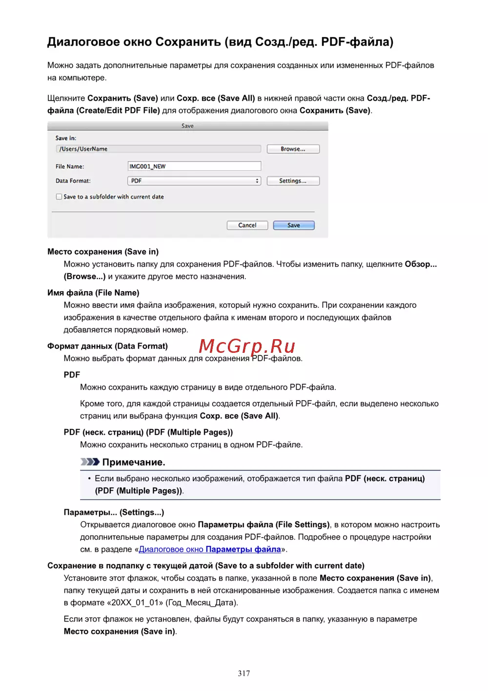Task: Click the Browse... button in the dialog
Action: point(293,149)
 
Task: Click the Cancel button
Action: point(247,225)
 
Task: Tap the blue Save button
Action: point(294,225)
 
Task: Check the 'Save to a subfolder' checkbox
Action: point(59,197)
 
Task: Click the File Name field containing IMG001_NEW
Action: point(194,166)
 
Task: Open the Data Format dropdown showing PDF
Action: point(194,181)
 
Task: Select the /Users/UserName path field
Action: point(159,149)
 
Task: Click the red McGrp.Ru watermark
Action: point(247,346)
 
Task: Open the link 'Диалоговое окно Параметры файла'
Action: point(210,549)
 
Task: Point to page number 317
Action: point(244,673)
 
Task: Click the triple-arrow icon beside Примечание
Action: point(90,462)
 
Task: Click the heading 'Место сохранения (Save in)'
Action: point(103,252)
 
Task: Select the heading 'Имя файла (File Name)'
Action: point(93,293)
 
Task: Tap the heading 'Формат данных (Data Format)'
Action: point(107,346)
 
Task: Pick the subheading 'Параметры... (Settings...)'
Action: point(114,512)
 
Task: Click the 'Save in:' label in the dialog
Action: point(66,138)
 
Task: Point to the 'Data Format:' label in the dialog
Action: point(73,181)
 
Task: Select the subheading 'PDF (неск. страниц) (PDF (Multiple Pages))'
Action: point(148,432)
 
